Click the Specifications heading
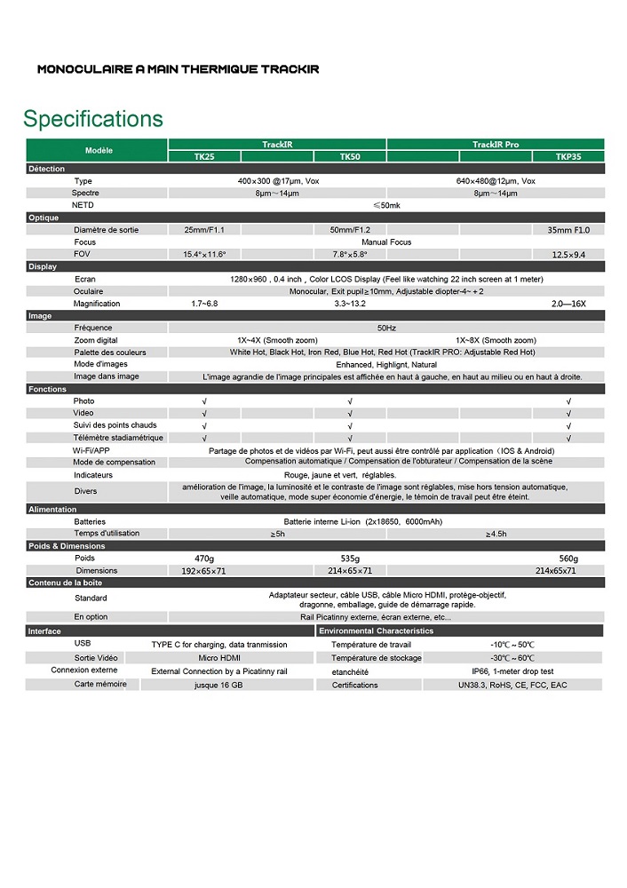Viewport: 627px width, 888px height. pyautogui.click(x=93, y=119)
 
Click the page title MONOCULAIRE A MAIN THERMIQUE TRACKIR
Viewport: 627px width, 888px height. pyautogui.click(x=178, y=68)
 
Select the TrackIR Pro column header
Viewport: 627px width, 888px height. pyautogui.click(x=496, y=144)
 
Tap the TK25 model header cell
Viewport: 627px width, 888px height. pyautogui.click(x=204, y=156)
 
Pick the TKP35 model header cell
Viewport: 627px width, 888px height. pyautogui.click(x=568, y=156)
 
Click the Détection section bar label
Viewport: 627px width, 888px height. pyautogui.click(x=46, y=169)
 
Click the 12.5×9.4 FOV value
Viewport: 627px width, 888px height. pyautogui.click(x=568, y=255)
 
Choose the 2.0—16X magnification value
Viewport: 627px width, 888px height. pyautogui.click(x=568, y=304)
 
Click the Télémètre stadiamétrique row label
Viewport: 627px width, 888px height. pyautogui.click(x=118, y=438)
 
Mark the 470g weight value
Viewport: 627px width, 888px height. pyautogui.click(x=204, y=559)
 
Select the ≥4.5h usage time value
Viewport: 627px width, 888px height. pyautogui.click(x=496, y=534)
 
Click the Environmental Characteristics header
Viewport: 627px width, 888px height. pyautogui.click(x=376, y=631)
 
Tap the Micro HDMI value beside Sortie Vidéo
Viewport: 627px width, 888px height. pyautogui.click(x=219, y=658)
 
